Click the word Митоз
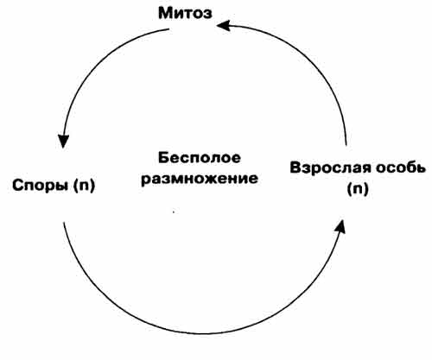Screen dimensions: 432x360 (185, 13)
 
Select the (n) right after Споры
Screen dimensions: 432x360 (84, 186)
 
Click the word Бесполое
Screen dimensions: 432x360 (200, 158)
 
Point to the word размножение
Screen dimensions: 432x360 (200, 179)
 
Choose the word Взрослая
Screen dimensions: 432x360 (330, 168)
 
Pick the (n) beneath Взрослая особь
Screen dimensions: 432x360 (358, 189)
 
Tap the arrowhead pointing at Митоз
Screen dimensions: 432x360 (224, 25)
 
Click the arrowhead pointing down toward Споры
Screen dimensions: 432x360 (63, 142)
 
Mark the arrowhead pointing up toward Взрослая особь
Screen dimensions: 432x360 (340, 226)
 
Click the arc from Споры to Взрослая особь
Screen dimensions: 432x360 (201, 334)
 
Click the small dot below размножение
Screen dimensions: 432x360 (174, 212)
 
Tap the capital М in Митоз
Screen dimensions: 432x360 (165, 13)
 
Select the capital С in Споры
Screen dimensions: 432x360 (17, 186)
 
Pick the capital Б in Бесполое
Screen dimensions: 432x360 (163, 158)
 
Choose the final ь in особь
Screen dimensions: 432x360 (421, 168)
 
